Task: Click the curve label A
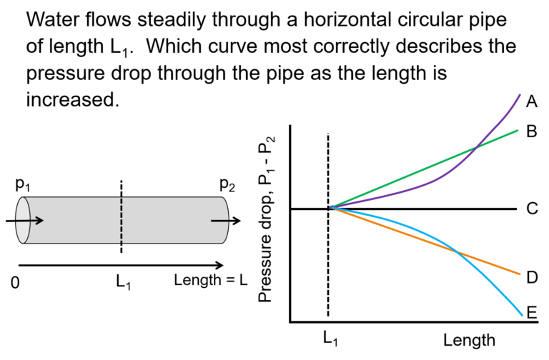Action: click(532, 102)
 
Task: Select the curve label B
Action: click(532, 131)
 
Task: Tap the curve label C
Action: click(532, 209)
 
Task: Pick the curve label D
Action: click(532, 277)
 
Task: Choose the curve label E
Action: click(532, 312)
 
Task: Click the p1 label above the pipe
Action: click(23, 184)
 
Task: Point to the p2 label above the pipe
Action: click(227, 184)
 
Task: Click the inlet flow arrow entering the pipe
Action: click(24, 221)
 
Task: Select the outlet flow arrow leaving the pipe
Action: click(226, 221)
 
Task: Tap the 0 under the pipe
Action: click(15, 282)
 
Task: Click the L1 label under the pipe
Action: click(124, 281)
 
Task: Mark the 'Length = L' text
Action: click(211, 280)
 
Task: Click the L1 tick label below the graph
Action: click(330, 339)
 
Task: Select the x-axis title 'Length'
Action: click(469, 340)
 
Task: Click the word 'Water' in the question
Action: click(52, 19)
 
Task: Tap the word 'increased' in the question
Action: click(70, 100)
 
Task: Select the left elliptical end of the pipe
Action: click(23, 220)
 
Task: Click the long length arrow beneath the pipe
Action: click(121, 265)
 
